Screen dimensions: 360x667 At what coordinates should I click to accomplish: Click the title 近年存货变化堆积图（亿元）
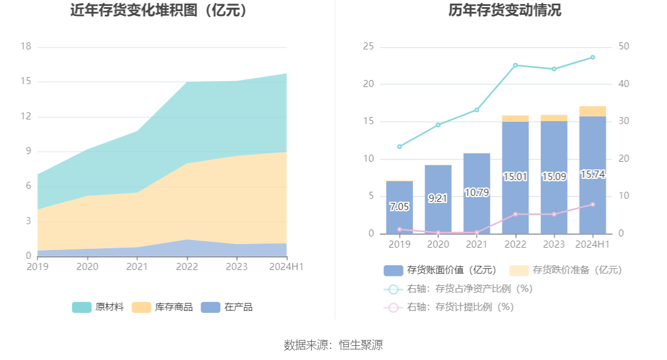[159, 11]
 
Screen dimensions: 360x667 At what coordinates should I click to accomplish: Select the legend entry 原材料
[98, 307]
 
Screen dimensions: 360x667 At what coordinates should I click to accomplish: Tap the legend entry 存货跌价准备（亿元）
[565, 270]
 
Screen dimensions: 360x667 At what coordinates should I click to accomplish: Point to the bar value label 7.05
[399, 206]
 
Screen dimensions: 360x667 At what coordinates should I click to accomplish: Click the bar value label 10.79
[476, 192]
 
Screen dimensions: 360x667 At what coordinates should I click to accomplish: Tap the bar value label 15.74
[592, 175]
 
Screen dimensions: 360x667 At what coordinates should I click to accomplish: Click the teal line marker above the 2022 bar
[515, 65]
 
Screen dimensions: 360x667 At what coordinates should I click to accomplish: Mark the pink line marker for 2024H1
[592, 204]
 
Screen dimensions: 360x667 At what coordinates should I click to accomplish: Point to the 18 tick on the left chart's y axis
[25, 47]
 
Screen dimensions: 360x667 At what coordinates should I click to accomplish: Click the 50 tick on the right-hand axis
[624, 47]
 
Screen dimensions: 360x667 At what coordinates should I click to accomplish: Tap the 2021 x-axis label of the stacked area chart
[137, 266]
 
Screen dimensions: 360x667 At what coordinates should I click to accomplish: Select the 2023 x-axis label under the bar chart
[554, 244]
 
